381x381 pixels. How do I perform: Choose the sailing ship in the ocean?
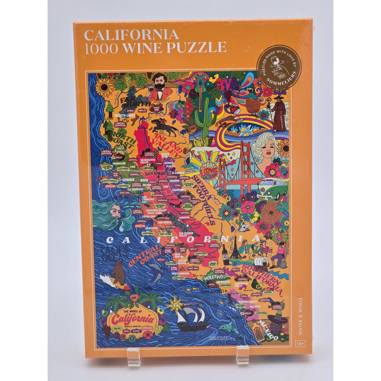[191, 317]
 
